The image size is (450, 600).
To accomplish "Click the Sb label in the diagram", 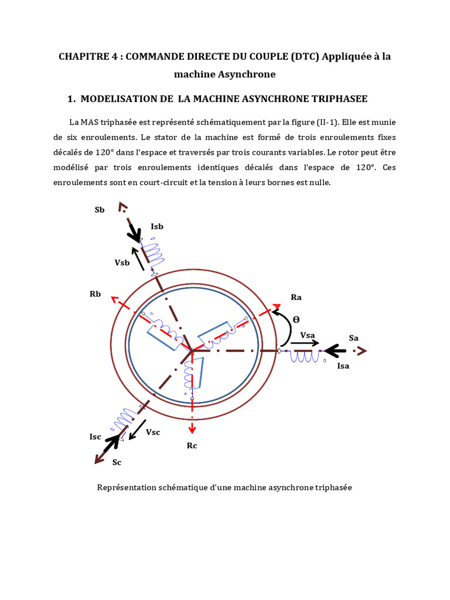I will pyautogui.click(x=99, y=210).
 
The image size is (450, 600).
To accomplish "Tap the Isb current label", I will pyautogui.click(x=157, y=226).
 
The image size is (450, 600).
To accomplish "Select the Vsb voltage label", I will pyautogui.click(x=122, y=262).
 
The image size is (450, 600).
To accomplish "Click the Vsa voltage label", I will pyautogui.click(x=308, y=335).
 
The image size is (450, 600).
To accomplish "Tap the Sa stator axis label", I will pyautogui.click(x=353, y=338).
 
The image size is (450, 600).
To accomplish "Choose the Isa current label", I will pyautogui.click(x=343, y=366).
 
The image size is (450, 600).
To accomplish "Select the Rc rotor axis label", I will pyautogui.click(x=192, y=446).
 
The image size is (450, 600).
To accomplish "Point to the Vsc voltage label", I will pyautogui.click(x=153, y=432).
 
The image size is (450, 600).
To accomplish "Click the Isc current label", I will pyautogui.click(x=96, y=437).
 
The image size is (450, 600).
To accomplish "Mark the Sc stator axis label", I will pyautogui.click(x=117, y=462).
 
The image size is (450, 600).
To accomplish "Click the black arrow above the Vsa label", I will pyautogui.click(x=306, y=343).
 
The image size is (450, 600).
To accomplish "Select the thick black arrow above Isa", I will pyautogui.click(x=335, y=351).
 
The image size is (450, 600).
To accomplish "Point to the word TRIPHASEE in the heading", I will pyautogui.click(x=334, y=99).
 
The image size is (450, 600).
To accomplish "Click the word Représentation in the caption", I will pyautogui.click(x=124, y=487).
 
